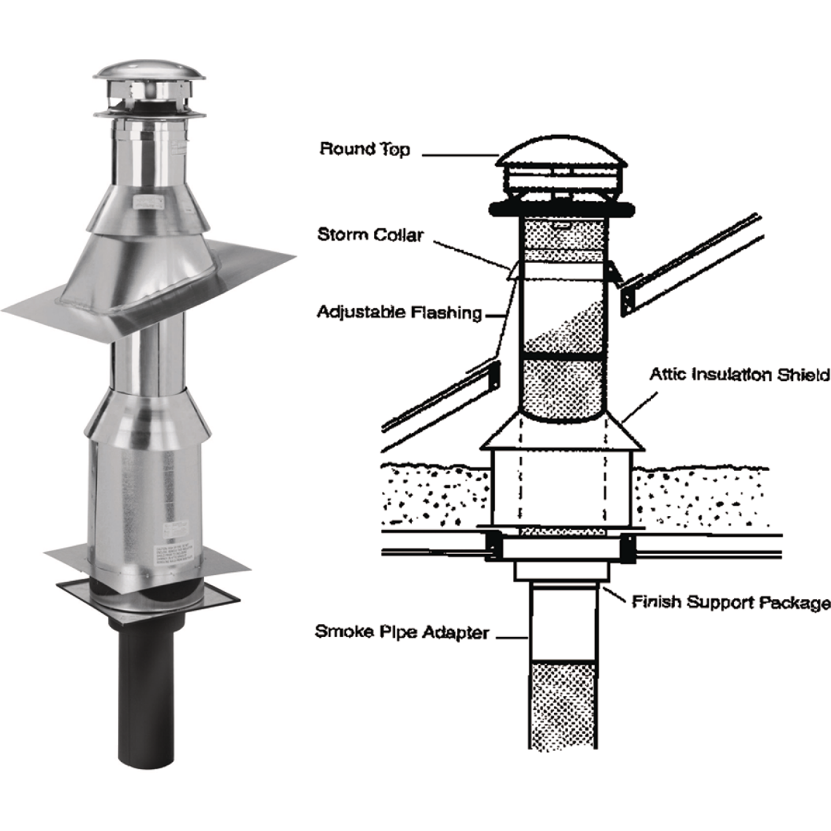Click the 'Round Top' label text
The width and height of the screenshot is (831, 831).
click(x=365, y=149)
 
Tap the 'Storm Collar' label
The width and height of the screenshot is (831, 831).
click(x=370, y=234)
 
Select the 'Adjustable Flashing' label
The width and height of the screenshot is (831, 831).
click(x=399, y=312)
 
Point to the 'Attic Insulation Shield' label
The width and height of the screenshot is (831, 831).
click(x=739, y=375)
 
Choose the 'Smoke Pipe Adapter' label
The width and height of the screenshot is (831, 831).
click(x=402, y=632)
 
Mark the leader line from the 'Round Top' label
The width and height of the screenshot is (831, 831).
click(x=459, y=155)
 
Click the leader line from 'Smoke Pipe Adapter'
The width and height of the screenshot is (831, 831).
click(x=512, y=637)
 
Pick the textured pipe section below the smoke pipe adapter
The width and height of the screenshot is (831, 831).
click(x=563, y=704)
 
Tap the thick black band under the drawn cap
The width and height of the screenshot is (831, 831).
click(x=560, y=209)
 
